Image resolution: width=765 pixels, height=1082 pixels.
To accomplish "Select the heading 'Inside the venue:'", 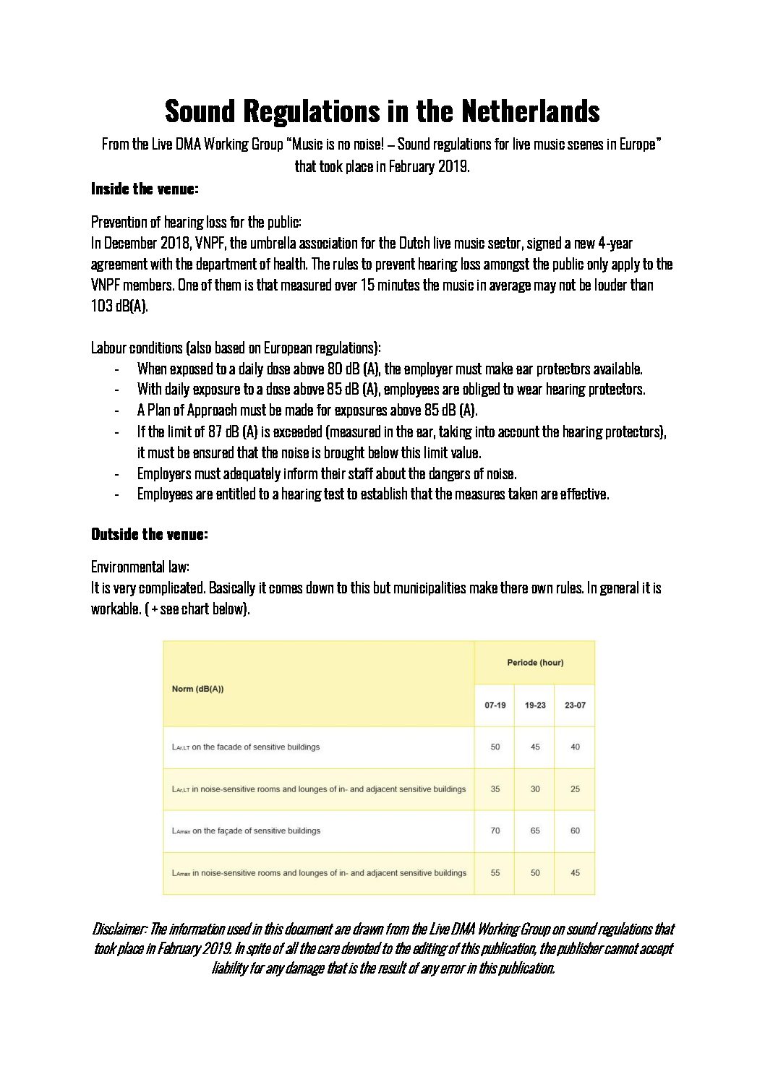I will [145, 189].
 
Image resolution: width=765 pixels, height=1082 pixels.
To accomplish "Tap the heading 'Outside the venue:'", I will [149, 534].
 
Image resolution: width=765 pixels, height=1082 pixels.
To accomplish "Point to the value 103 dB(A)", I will [119, 306].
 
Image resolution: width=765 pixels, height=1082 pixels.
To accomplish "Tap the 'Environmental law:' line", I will [140, 567].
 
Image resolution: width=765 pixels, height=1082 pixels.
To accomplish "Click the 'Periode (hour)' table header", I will [535, 663].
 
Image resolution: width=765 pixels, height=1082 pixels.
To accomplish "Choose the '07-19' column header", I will [495, 705].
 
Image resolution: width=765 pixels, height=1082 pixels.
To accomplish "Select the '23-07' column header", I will [575, 705].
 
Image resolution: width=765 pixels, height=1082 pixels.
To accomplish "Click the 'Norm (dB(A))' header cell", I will [198, 689].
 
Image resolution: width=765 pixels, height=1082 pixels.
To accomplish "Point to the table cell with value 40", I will [575, 747].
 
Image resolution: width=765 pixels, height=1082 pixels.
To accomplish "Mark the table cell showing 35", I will [495, 789].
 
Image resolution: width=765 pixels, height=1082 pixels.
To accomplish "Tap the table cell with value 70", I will [495, 830].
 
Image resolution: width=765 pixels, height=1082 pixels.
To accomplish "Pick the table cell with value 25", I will [575, 789].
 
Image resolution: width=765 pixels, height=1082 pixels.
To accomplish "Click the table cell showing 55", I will [495, 872].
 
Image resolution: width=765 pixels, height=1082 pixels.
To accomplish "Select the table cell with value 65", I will [535, 830].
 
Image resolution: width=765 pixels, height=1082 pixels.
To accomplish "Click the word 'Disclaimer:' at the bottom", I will [119, 929].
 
